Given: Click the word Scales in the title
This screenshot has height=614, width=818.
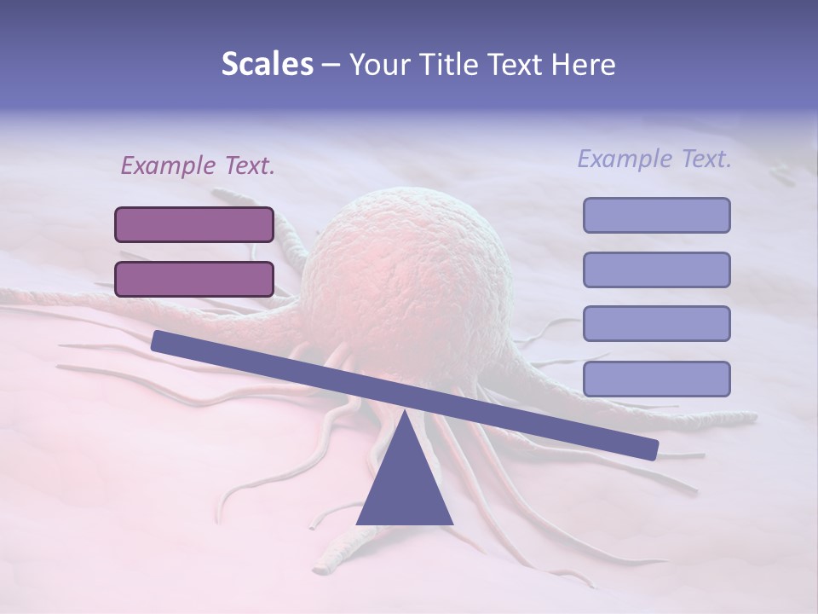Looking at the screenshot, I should (267, 65).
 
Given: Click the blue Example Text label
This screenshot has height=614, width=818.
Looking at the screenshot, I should (654, 159).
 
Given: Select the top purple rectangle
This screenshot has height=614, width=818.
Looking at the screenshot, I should (194, 224).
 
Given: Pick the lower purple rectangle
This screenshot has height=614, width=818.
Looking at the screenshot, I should (194, 279).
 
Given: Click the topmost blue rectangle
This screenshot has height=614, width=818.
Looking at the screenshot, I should (656, 215).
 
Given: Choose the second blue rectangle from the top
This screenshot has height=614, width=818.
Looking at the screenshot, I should (656, 269).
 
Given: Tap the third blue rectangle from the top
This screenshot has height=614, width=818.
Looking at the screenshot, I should (656, 324).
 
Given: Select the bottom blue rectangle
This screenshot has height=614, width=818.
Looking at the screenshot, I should (656, 379).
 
